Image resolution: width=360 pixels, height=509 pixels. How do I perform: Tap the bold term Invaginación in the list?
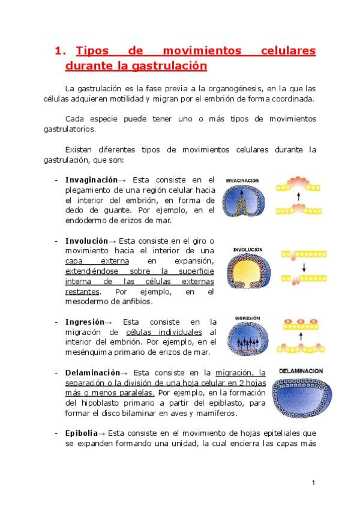tap(91, 179)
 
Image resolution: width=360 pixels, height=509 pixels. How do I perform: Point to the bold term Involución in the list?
tap(86, 240)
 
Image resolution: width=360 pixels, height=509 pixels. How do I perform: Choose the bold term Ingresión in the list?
tap(85, 322)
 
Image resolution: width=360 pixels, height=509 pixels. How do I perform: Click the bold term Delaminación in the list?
tap(92, 373)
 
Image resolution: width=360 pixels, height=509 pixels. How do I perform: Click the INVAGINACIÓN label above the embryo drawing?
tap(242, 179)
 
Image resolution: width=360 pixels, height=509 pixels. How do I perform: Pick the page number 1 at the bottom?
tap(313, 483)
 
